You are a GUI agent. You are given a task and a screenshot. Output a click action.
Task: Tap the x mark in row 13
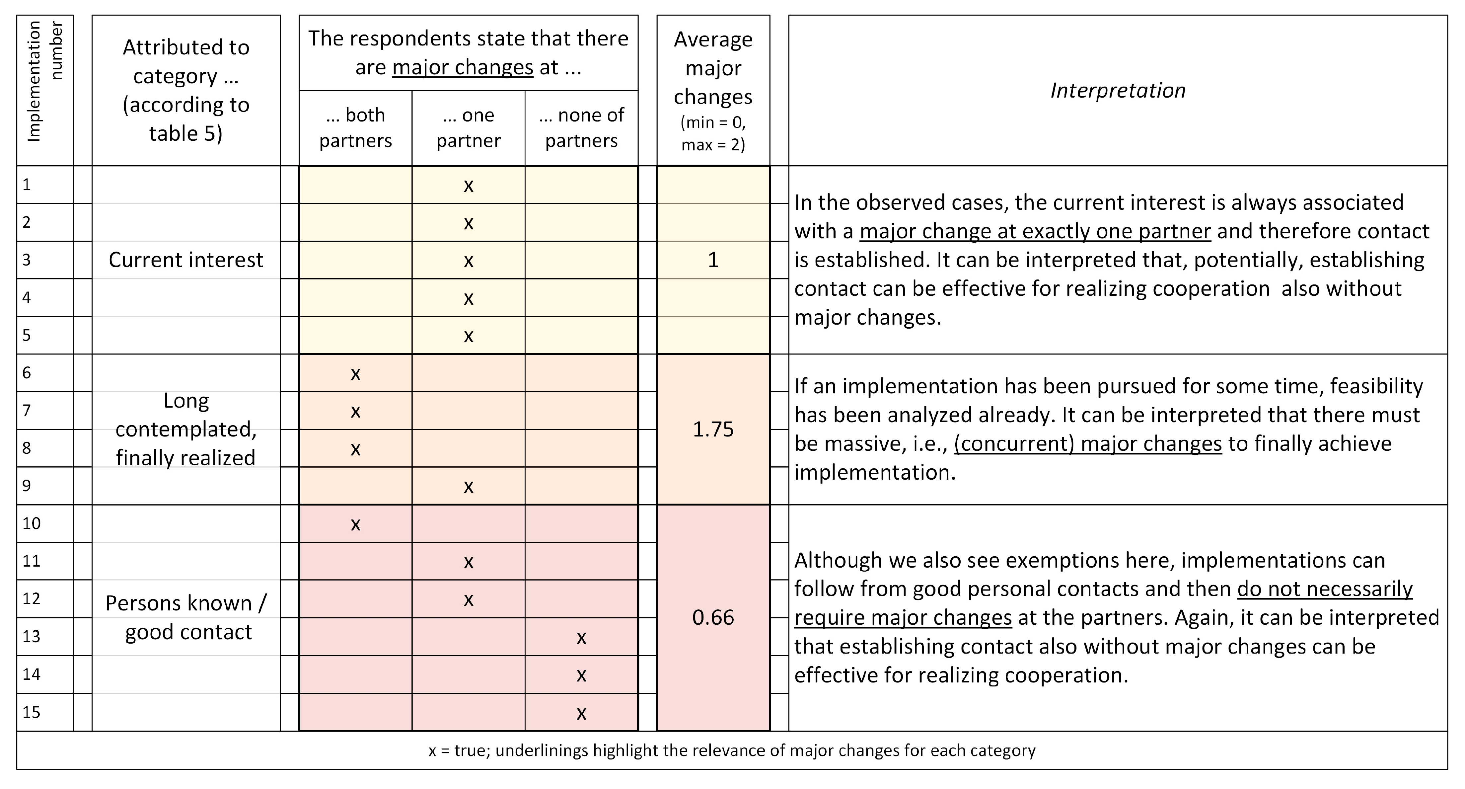coord(581,638)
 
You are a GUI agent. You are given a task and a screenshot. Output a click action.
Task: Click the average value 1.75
coord(713,430)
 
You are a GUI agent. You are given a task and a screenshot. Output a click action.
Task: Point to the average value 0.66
coord(713,618)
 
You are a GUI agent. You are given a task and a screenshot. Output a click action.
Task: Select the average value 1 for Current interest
coord(713,260)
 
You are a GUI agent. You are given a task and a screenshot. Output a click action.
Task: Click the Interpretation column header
coord(1118,90)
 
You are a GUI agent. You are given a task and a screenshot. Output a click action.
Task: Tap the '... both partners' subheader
coord(355,128)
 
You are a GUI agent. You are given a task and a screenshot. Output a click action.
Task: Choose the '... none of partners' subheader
coord(581,128)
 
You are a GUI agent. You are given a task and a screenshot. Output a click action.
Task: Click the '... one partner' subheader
coord(468,128)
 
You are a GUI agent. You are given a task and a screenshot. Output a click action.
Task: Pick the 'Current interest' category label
coord(186,260)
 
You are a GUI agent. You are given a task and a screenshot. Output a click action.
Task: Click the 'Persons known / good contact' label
coord(186,618)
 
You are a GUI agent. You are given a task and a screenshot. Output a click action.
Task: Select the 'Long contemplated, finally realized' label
coord(186,430)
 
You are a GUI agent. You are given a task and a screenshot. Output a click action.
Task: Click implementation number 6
coord(27,373)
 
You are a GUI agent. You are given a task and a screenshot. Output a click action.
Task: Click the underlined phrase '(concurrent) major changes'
coord(1087,444)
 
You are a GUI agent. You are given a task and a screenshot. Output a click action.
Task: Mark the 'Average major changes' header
coord(713,90)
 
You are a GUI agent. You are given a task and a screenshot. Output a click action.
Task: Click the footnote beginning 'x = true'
coord(732,751)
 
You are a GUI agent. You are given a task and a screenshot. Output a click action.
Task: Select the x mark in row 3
coord(468,261)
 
